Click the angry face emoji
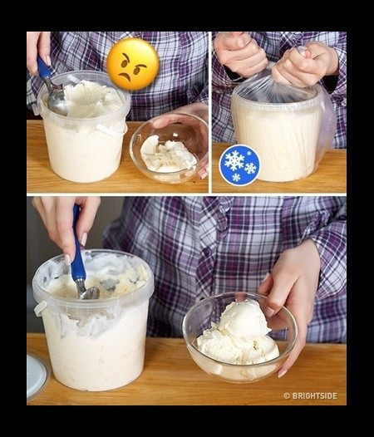tap(133, 64)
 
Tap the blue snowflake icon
tap(239, 165)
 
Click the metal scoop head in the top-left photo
tap(57, 101)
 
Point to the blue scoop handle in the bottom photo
tap(77, 244)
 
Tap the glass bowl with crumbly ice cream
tap(169, 148)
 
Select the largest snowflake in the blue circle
tap(234, 160)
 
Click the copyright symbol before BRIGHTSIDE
tap(287, 395)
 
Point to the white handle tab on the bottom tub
tap(40, 309)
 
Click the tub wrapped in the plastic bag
tap(282, 131)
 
